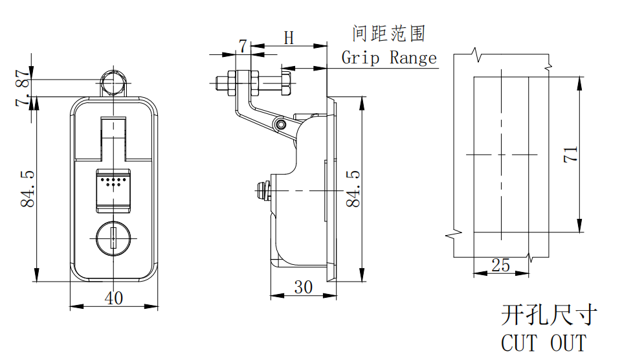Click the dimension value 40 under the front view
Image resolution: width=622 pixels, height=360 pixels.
pyautogui.click(x=114, y=298)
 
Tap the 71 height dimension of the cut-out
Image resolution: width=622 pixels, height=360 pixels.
pyautogui.click(x=571, y=154)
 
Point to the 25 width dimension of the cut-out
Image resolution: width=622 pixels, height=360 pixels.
pyautogui.click(x=501, y=265)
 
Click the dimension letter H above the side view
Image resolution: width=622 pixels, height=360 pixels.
pyautogui.click(x=289, y=39)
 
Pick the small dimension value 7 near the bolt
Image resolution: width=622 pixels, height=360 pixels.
pyautogui.click(x=242, y=46)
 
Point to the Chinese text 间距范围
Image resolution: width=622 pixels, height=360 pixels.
pyautogui.click(x=389, y=33)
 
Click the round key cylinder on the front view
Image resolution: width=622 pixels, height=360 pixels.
pyautogui.click(x=114, y=238)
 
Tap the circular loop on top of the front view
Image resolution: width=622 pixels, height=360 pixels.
pyautogui.click(x=114, y=82)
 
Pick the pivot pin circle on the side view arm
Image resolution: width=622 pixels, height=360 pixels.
pyautogui.click(x=280, y=124)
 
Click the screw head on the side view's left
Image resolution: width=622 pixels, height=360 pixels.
pyautogui.click(x=262, y=190)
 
